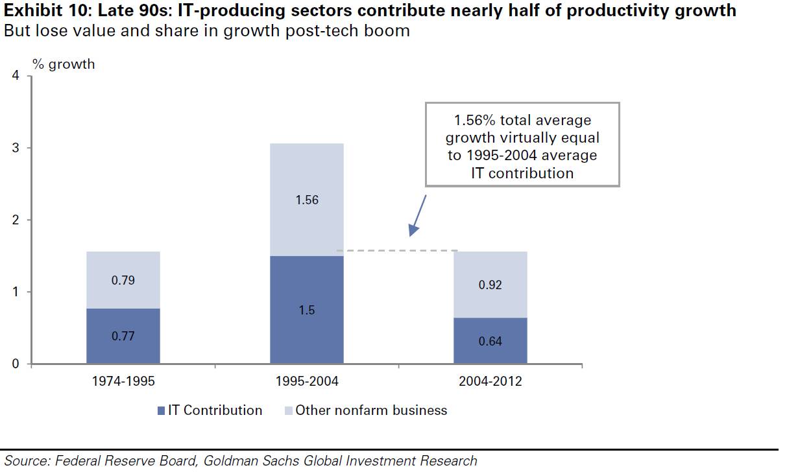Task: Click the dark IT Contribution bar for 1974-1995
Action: [123, 335]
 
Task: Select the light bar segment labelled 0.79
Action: [123, 280]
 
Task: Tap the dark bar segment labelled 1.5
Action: [307, 310]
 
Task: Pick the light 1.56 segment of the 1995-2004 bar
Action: [307, 200]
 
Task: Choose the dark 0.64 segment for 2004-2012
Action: [490, 340]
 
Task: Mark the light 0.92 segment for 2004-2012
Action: [490, 285]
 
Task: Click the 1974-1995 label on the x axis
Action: [123, 381]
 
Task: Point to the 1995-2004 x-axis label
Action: [307, 381]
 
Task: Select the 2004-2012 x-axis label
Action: [490, 381]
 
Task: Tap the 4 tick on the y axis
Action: [16, 77]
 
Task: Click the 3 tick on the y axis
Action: [16, 148]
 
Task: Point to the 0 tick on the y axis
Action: [16, 364]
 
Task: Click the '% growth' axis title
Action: [64, 64]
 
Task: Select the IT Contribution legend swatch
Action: [161, 410]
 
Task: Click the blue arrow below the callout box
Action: [417, 215]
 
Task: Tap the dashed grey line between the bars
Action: [397, 250]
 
